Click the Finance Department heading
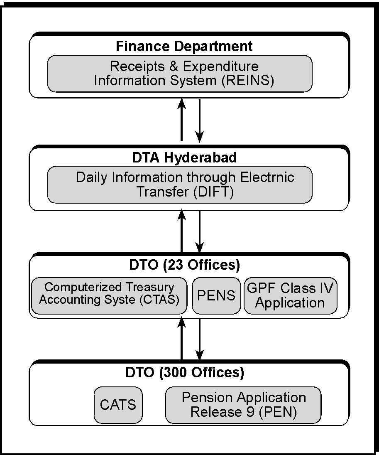click(x=184, y=47)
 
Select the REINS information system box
click(x=180, y=74)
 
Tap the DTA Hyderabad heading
click(x=184, y=157)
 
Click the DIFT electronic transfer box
click(x=180, y=184)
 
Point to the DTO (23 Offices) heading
click(x=184, y=265)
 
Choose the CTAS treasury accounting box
click(x=109, y=296)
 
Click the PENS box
click(x=216, y=296)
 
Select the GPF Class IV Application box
click(x=291, y=296)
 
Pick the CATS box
click(x=118, y=405)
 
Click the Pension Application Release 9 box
click(x=243, y=405)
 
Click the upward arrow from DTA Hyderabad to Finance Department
click(x=181, y=120)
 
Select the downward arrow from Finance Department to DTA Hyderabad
click(x=200, y=121)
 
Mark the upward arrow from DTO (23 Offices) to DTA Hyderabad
click(x=181, y=231)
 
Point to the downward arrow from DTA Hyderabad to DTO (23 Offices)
click(x=200, y=231)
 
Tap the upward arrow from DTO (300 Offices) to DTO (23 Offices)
click(x=181, y=338)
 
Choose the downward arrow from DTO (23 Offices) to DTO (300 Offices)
click(x=200, y=339)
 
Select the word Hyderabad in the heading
click(x=200, y=157)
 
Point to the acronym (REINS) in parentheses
click(x=248, y=81)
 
